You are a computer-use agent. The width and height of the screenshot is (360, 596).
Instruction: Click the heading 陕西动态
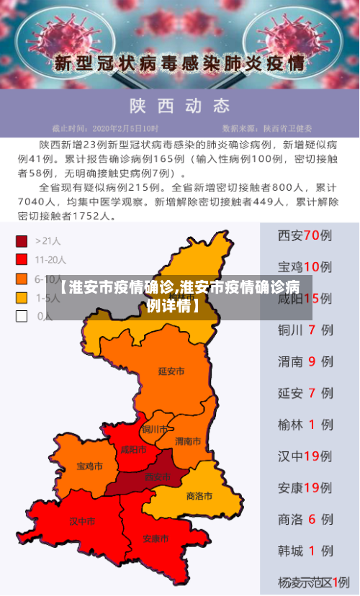(x=180, y=107)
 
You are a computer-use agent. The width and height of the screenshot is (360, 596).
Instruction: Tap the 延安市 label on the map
(x=171, y=371)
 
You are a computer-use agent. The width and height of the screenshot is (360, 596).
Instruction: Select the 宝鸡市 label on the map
(x=89, y=466)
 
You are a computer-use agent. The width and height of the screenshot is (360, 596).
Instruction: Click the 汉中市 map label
(x=81, y=520)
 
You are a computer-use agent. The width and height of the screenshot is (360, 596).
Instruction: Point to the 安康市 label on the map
(x=156, y=538)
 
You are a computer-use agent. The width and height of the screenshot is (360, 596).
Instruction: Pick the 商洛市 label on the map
(x=199, y=496)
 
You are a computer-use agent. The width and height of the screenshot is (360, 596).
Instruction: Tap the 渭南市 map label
(x=188, y=441)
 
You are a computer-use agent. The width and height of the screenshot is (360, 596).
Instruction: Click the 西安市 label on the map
(x=157, y=477)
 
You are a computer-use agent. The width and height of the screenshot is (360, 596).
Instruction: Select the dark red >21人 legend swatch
(x=22, y=240)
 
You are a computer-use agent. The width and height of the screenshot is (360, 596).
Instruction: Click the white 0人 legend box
(x=22, y=315)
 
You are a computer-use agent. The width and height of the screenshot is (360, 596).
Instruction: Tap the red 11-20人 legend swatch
(x=22, y=259)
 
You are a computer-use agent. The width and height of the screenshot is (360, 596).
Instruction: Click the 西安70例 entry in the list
(x=305, y=235)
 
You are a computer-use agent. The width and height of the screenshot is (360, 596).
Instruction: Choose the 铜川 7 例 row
(x=305, y=330)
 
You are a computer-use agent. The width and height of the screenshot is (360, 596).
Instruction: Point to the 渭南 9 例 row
(x=305, y=362)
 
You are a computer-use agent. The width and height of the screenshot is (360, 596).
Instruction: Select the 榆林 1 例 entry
(x=305, y=425)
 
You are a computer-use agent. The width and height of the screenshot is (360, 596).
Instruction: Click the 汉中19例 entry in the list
(x=305, y=456)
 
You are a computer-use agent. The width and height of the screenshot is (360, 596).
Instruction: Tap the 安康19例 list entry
(x=305, y=488)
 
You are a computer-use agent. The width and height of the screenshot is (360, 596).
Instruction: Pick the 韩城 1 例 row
(x=305, y=551)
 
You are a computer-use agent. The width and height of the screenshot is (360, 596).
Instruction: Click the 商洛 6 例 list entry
(x=305, y=519)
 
